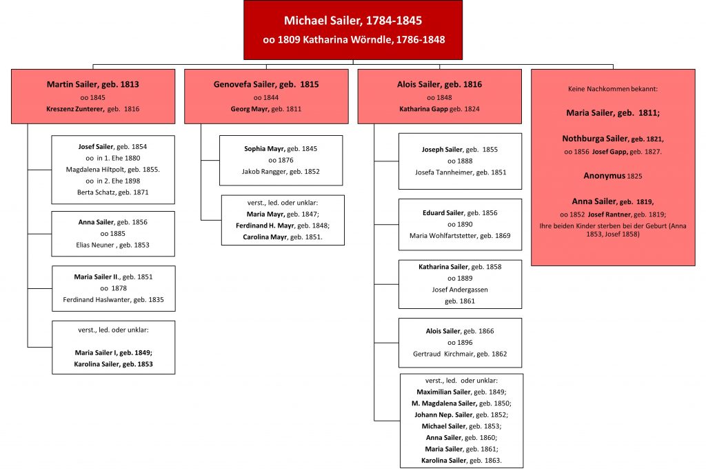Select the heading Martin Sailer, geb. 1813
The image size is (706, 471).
click(x=93, y=84)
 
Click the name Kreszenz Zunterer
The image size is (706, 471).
click(x=74, y=109)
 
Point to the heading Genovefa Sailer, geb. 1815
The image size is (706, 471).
click(x=266, y=84)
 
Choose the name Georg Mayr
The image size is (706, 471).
click(x=250, y=109)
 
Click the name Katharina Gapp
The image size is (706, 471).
click(x=423, y=109)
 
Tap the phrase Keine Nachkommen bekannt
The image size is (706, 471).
click(x=612, y=89)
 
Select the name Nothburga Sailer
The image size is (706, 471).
click(x=595, y=139)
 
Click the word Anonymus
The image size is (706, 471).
click(x=604, y=176)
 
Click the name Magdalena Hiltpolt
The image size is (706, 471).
click(x=96, y=170)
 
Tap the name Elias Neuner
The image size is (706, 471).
click(x=95, y=245)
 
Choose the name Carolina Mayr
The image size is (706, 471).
click(x=265, y=237)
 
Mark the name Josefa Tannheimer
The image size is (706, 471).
click(x=445, y=172)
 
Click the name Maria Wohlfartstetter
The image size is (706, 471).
click(x=444, y=236)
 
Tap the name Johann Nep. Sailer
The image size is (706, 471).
click(x=443, y=415)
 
